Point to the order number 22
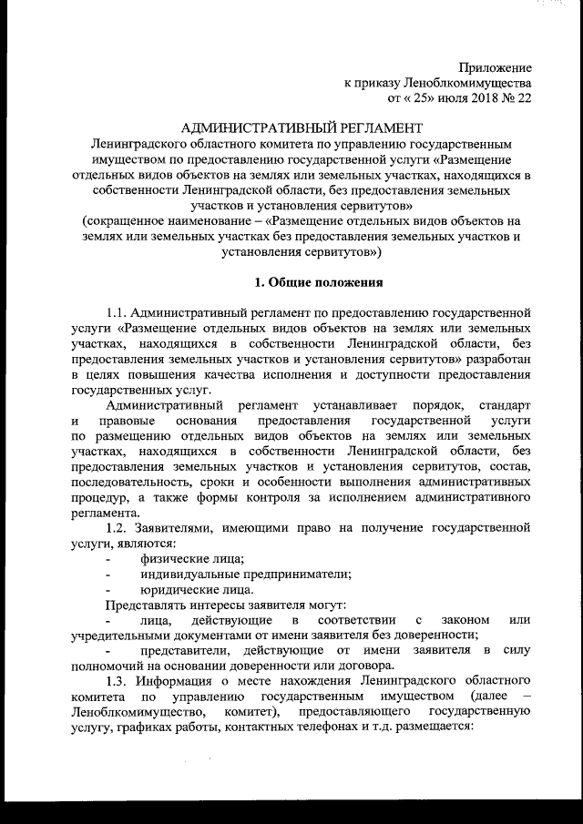point(524,97)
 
